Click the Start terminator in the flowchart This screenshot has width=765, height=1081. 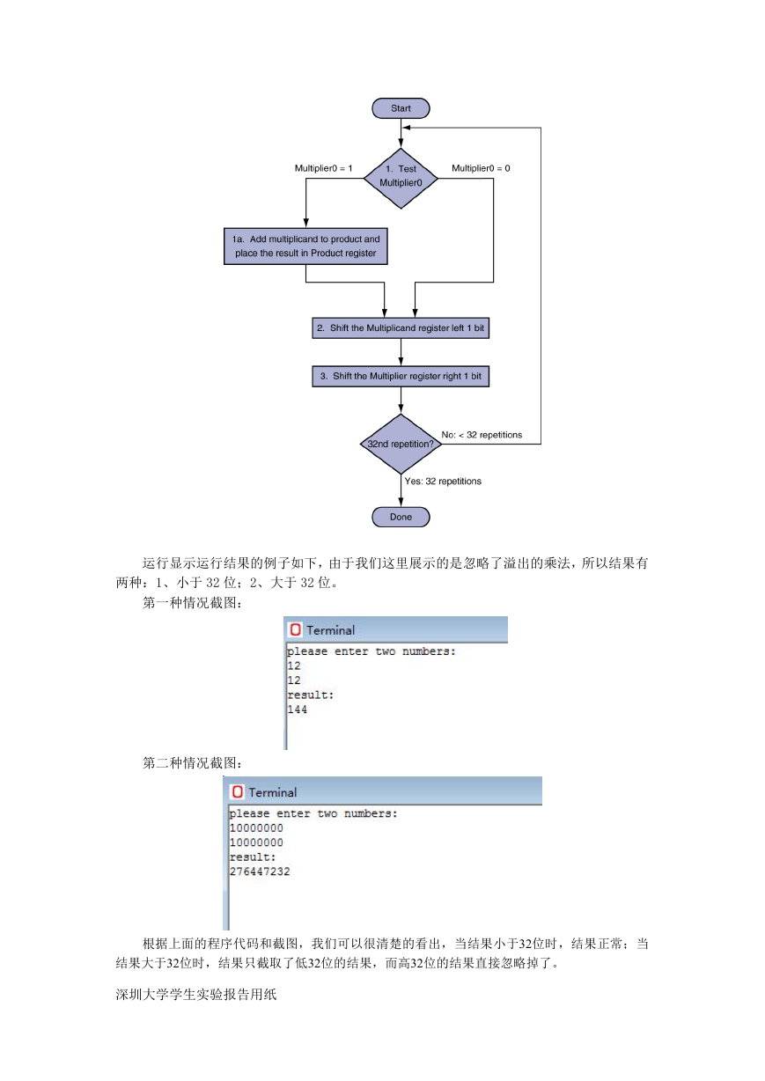[x=401, y=108]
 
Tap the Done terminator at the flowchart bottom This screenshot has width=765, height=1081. [x=401, y=517]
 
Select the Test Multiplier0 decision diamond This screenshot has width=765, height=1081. [x=401, y=179]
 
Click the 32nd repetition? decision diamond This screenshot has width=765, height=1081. [x=401, y=444]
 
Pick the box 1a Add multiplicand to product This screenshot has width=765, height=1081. [x=305, y=246]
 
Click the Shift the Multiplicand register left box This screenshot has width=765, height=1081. [x=401, y=328]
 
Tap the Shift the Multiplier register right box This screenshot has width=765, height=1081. [x=401, y=377]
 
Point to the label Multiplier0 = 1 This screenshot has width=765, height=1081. [x=323, y=168]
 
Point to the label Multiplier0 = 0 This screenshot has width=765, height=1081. [x=481, y=168]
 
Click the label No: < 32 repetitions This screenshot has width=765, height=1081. [x=482, y=435]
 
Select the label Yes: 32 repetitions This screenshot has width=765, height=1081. [x=443, y=482]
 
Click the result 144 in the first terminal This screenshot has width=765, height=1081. [x=298, y=710]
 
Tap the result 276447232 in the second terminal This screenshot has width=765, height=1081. [x=260, y=871]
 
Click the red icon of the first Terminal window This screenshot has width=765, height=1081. [x=296, y=629]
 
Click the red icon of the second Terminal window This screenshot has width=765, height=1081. [x=237, y=792]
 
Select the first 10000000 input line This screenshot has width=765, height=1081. [x=256, y=828]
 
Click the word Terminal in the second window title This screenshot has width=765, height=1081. [x=273, y=792]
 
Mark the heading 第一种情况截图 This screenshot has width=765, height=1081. [x=192, y=603]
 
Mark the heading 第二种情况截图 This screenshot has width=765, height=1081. [x=192, y=763]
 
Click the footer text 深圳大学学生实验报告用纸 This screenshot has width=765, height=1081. [x=196, y=990]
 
